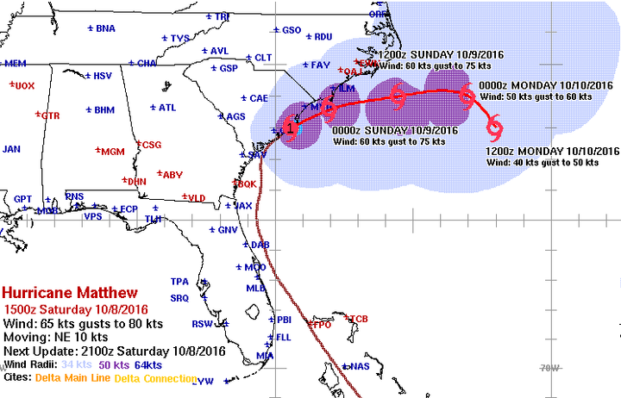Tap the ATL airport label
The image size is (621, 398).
(166, 108)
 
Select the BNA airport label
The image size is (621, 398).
(105, 28)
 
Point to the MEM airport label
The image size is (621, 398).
(15, 64)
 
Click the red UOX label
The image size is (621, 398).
(24, 85)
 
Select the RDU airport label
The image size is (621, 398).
(323, 36)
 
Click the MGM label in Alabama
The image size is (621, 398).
(112, 152)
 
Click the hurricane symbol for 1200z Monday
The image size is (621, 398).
(495, 130)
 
